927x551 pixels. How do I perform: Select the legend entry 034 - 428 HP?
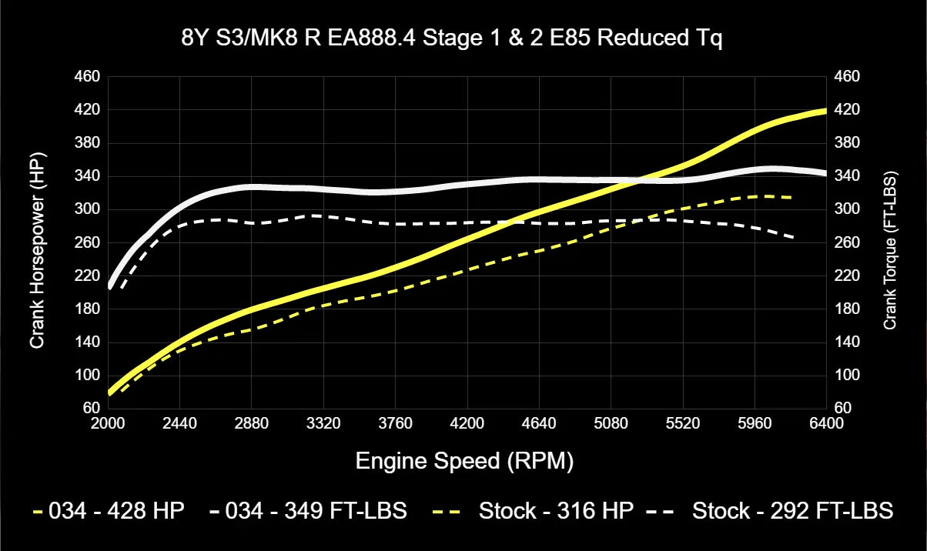point(116,510)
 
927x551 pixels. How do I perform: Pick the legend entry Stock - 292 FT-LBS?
point(792,510)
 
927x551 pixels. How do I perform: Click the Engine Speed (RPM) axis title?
point(464,461)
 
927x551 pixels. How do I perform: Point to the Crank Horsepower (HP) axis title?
point(36,242)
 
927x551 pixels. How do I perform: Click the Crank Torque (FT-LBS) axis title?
point(891,242)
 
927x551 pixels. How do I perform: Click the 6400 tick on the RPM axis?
point(826,423)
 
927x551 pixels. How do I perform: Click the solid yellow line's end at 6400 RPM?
point(825,111)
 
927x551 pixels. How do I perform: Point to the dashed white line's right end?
point(793,239)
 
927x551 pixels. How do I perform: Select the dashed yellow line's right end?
point(791,198)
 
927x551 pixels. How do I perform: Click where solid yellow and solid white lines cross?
point(633,182)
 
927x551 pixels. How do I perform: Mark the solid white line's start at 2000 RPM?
point(109,286)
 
